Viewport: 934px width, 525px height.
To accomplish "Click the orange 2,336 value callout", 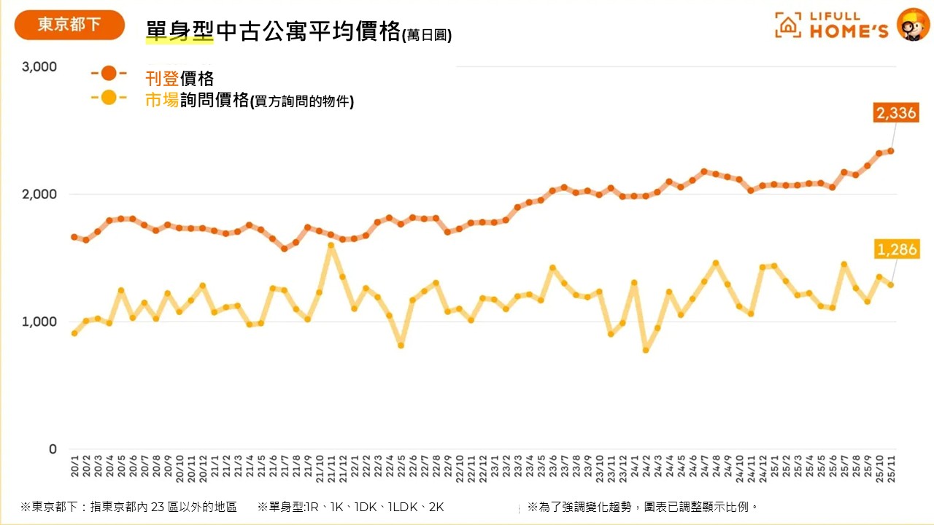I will (x=895, y=113).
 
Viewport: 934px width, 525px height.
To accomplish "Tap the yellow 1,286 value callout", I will (x=897, y=250).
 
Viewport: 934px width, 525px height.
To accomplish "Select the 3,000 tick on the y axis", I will (x=39, y=67).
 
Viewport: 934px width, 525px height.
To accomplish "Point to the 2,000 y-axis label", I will (x=39, y=195).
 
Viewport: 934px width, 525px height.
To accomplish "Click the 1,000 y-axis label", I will (x=39, y=322).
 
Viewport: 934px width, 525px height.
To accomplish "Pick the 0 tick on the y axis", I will (x=52, y=449).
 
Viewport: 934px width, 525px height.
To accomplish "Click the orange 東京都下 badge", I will (x=69, y=25).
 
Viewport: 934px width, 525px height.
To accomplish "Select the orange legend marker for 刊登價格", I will (x=109, y=73).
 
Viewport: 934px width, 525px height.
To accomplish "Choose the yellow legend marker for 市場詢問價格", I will (x=109, y=97).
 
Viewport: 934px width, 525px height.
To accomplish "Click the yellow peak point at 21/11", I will (x=331, y=246).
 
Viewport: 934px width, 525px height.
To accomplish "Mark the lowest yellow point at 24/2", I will (x=646, y=350).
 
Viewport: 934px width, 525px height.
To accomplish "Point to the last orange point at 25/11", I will (x=891, y=151).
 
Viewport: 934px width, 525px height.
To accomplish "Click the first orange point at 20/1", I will (x=74, y=237).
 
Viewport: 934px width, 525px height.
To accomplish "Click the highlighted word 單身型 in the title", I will (x=180, y=33).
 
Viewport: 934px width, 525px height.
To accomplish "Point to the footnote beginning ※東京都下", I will (x=128, y=507).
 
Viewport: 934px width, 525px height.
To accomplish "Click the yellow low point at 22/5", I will (x=401, y=345).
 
